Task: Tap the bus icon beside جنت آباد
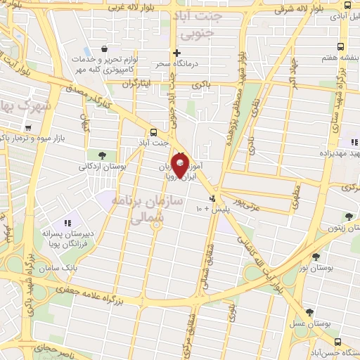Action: tap(154, 131)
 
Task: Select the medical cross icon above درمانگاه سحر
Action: tap(177, 53)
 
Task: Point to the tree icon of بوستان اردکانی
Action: tap(103, 155)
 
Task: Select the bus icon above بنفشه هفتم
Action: tap(340, 46)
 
